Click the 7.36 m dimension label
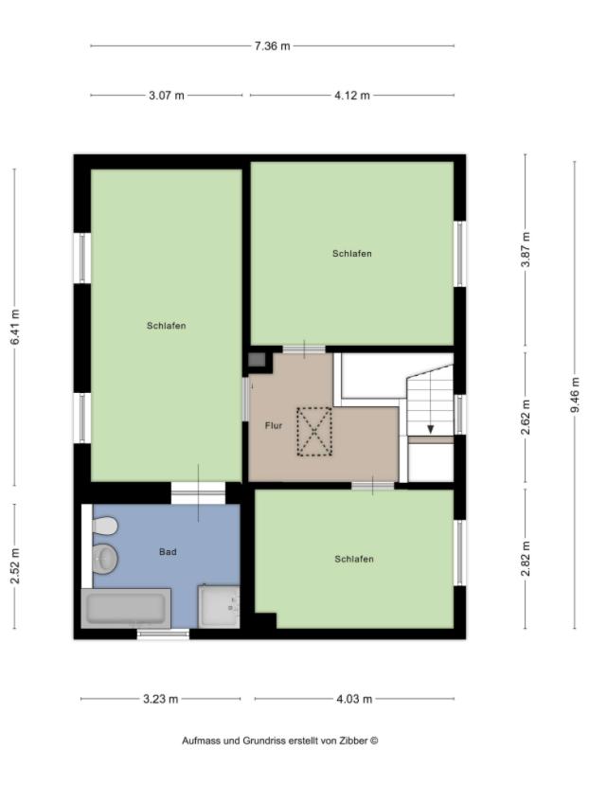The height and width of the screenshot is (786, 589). point(272,45)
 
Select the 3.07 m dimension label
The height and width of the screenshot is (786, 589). point(167,96)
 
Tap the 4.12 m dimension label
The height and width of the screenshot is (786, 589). point(352,96)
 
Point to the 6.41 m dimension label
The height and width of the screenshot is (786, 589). point(14,328)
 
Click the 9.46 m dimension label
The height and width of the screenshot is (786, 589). point(574,395)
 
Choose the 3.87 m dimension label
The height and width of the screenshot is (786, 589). point(526,249)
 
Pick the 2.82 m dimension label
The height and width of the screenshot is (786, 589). point(526,558)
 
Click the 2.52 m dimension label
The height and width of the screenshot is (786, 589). point(14,566)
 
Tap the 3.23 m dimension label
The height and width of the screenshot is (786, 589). point(160,700)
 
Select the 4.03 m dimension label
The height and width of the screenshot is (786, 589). point(354,700)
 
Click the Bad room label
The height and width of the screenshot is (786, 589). point(168,551)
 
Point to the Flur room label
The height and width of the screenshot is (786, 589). point(273,426)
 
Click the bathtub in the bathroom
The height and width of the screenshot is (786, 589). point(126,608)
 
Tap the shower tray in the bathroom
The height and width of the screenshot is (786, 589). point(219,606)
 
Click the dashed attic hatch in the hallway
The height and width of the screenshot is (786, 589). point(314,432)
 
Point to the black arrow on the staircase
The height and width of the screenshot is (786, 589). point(431,429)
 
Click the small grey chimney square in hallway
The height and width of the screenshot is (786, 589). point(257,359)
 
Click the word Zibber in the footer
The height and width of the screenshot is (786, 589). point(352,741)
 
